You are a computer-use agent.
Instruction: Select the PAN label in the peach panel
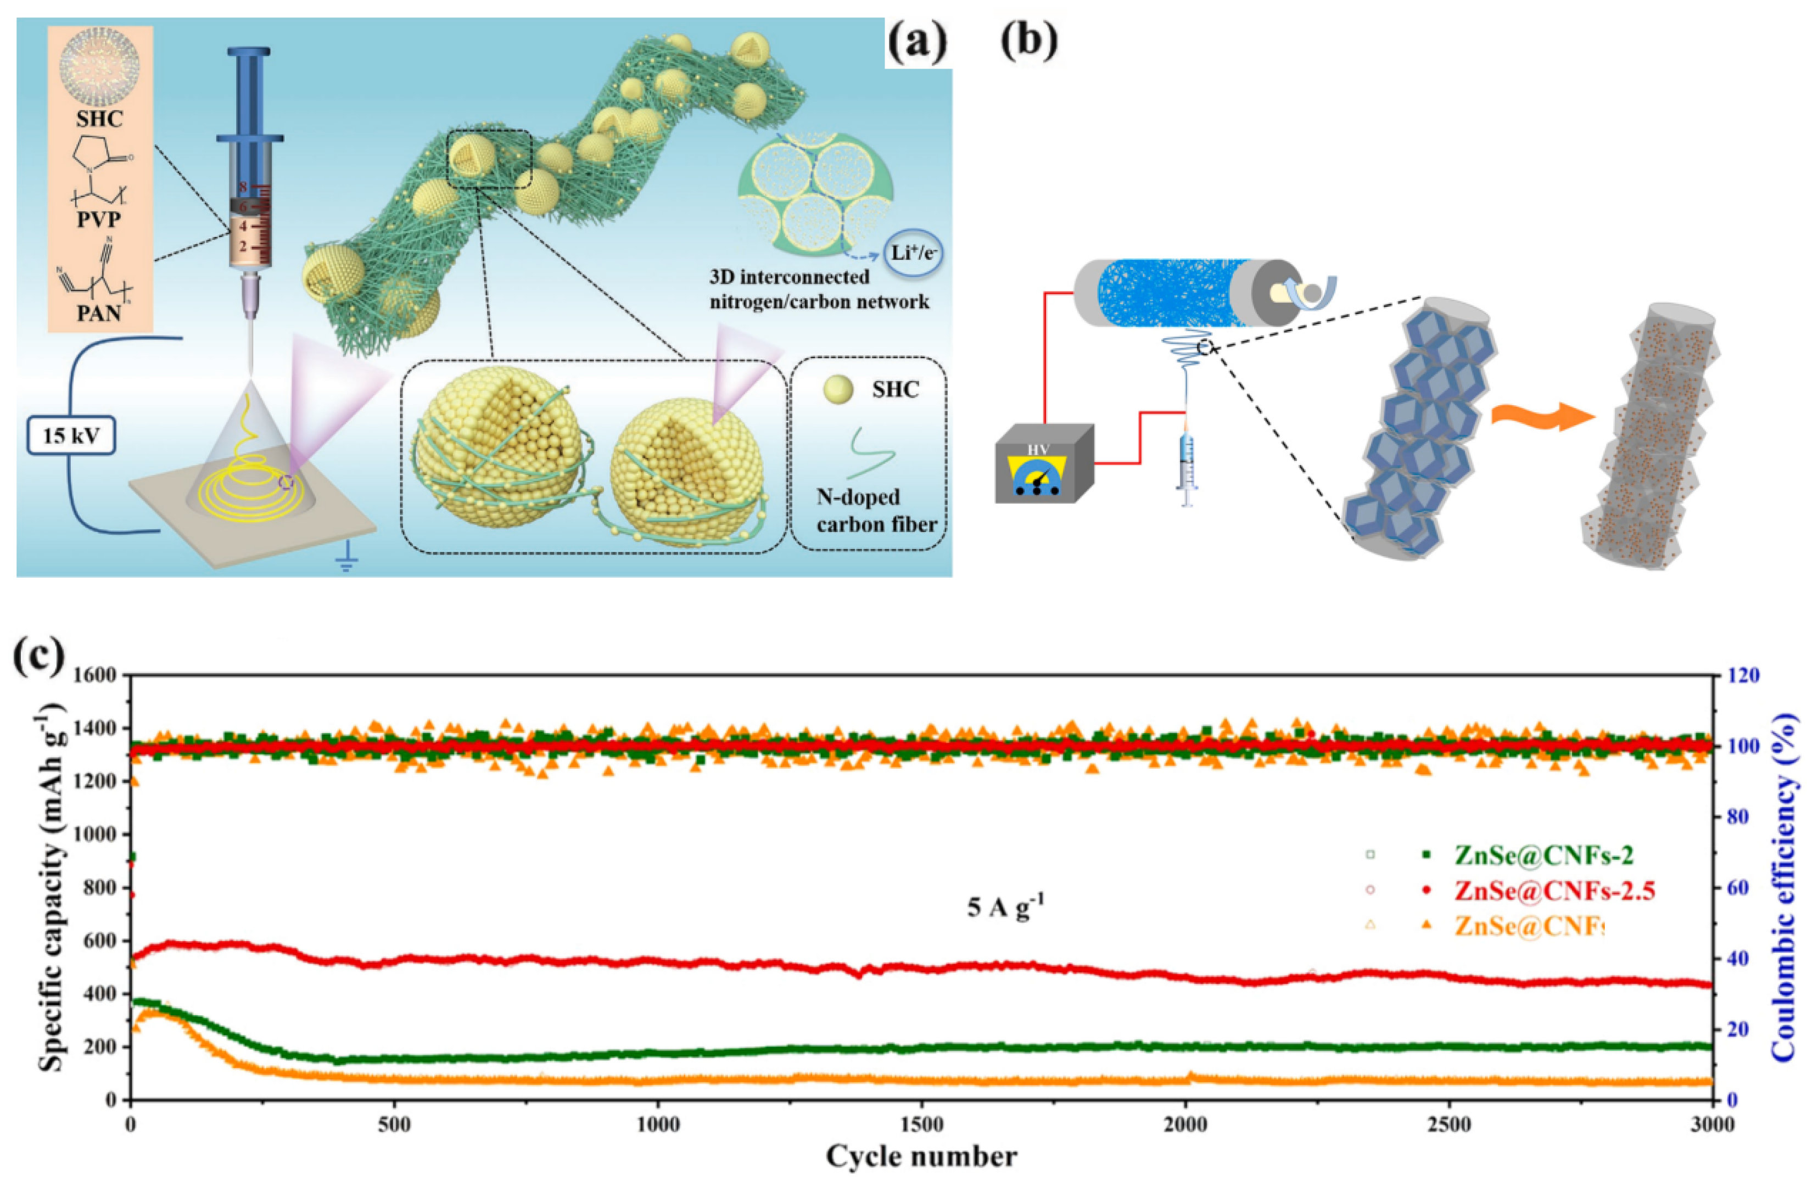pos(99,311)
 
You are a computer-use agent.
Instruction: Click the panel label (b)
pos(1029,41)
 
